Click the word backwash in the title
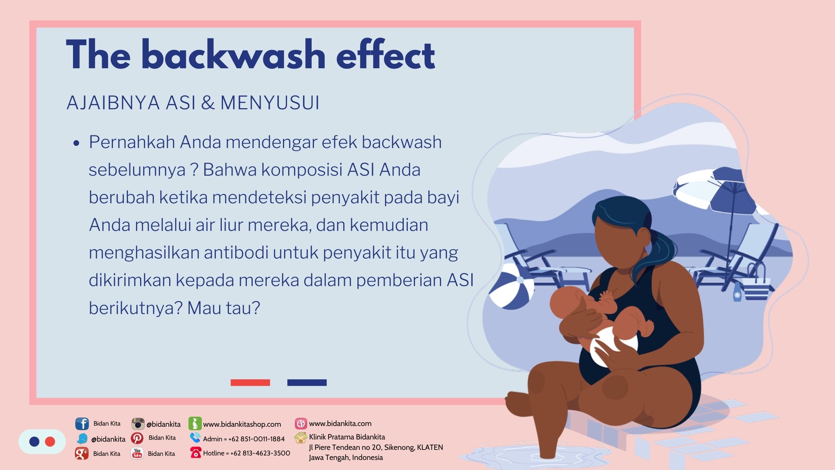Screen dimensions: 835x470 pyautogui.click(x=233, y=55)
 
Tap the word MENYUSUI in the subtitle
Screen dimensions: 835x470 pyautogui.click(x=270, y=103)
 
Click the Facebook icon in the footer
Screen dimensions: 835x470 pyautogui.click(x=82, y=424)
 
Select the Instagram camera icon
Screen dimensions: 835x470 pyautogui.click(x=138, y=424)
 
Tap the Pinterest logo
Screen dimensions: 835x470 pyautogui.click(x=137, y=438)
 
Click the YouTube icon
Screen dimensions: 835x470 pyautogui.click(x=137, y=453)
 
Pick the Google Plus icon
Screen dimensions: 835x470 pyautogui.click(x=82, y=453)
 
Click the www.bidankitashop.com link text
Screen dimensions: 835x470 pyautogui.click(x=242, y=424)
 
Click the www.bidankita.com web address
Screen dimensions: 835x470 pyautogui.click(x=340, y=423)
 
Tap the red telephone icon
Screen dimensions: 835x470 pyautogui.click(x=195, y=453)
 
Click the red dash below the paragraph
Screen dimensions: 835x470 pyautogui.click(x=250, y=382)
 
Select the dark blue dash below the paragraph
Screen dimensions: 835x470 pyautogui.click(x=307, y=382)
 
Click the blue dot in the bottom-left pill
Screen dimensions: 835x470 pyautogui.click(x=34, y=442)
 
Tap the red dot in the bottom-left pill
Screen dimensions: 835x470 pyautogui.click(x=50, y=442)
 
